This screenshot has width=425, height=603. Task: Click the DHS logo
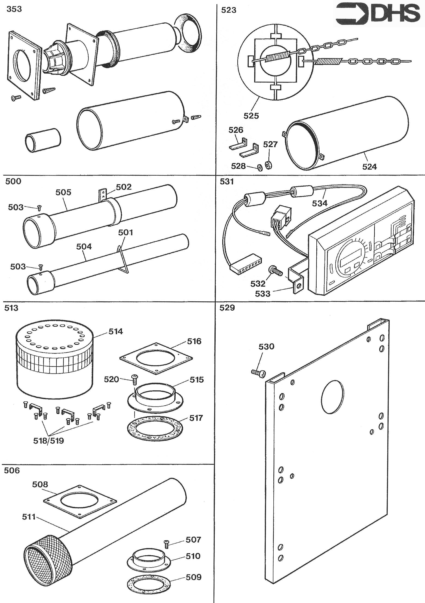(x=378, y=14)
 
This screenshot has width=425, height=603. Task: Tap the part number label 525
(x=251, y=116)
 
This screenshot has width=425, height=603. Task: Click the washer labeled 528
(x=260, y=167)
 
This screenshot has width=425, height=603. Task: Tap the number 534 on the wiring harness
(x=320, y=203)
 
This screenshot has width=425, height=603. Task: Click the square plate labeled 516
(x=156, y=358)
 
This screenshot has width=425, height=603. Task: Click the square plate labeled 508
(x=79, y=501)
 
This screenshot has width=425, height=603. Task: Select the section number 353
(x=14, y=9)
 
